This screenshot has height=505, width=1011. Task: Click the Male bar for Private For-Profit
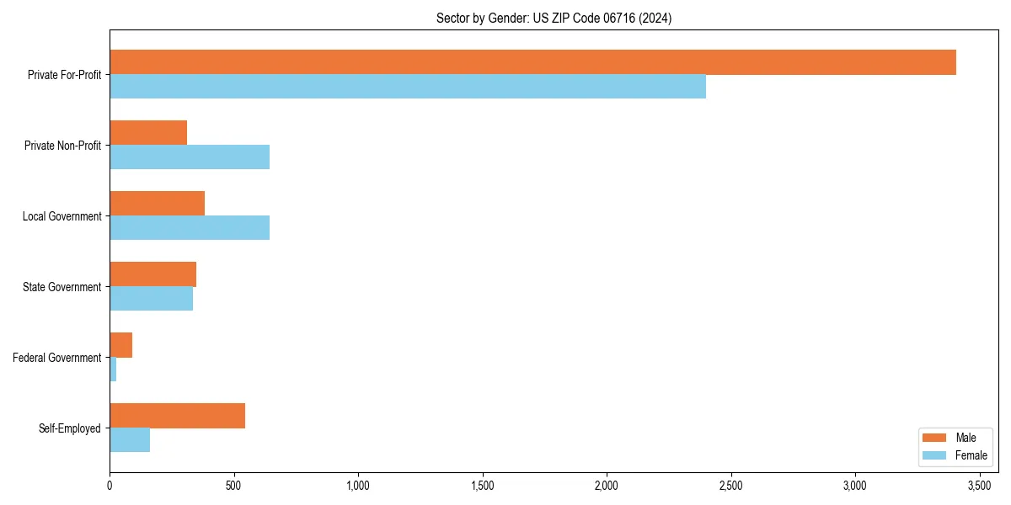[x=532, y=62]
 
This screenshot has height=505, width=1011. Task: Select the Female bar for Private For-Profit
[x=408, y=87]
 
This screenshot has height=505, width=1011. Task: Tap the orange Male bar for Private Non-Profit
[x=148, y=133]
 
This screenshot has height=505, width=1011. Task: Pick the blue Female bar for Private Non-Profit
[x=190, y=157]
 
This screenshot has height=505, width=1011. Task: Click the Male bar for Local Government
[x=157, y=204]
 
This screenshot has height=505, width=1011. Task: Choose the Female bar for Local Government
[x=190, y=228]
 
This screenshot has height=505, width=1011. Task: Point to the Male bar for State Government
[x=152, y=274]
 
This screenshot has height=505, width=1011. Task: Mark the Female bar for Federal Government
[x=113, y=369]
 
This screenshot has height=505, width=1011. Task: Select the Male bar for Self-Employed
[x=177, y=416]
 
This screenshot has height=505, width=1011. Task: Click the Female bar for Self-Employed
[x=130, y=440]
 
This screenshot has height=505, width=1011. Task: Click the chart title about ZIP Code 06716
[x=554, y=18]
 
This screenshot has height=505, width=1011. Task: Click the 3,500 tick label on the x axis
[x=979, y=486]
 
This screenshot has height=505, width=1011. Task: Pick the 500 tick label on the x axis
[x=234, y=486]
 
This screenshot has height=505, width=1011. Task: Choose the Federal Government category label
[x=57, y=358]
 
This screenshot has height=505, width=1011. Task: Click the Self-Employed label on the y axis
[x=70, y=428]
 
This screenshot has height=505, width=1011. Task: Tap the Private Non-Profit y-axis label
[x=62, y=146]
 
